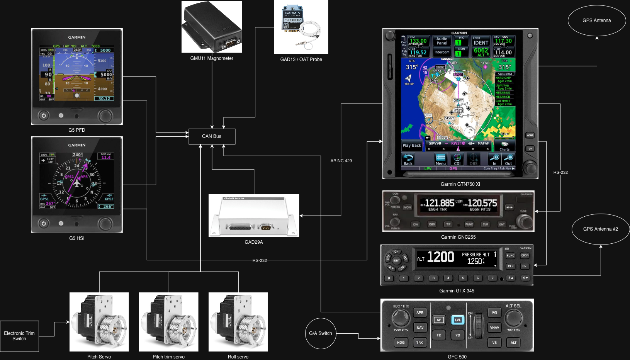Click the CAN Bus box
coord(212,136)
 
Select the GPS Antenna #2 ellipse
coord(600,229)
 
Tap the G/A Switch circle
coord(320,333)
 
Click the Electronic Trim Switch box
coord(19,336)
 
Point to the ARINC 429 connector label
coord(341,161)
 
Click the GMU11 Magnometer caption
coord(212,58)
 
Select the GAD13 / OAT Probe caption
coord(301,59)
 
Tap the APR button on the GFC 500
coord(420,312)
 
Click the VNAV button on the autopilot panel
coord(494,328)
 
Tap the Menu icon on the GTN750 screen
coord(440,159)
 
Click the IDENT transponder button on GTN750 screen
coord(481,43)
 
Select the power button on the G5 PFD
coord(44,115)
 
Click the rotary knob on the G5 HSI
coord(105,223)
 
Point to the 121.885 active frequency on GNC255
coord(440,203)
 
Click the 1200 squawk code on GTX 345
coord(441,257)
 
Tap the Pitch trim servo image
coord(168,322)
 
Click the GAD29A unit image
coord(254,216)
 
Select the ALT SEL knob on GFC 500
coord(513,318)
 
